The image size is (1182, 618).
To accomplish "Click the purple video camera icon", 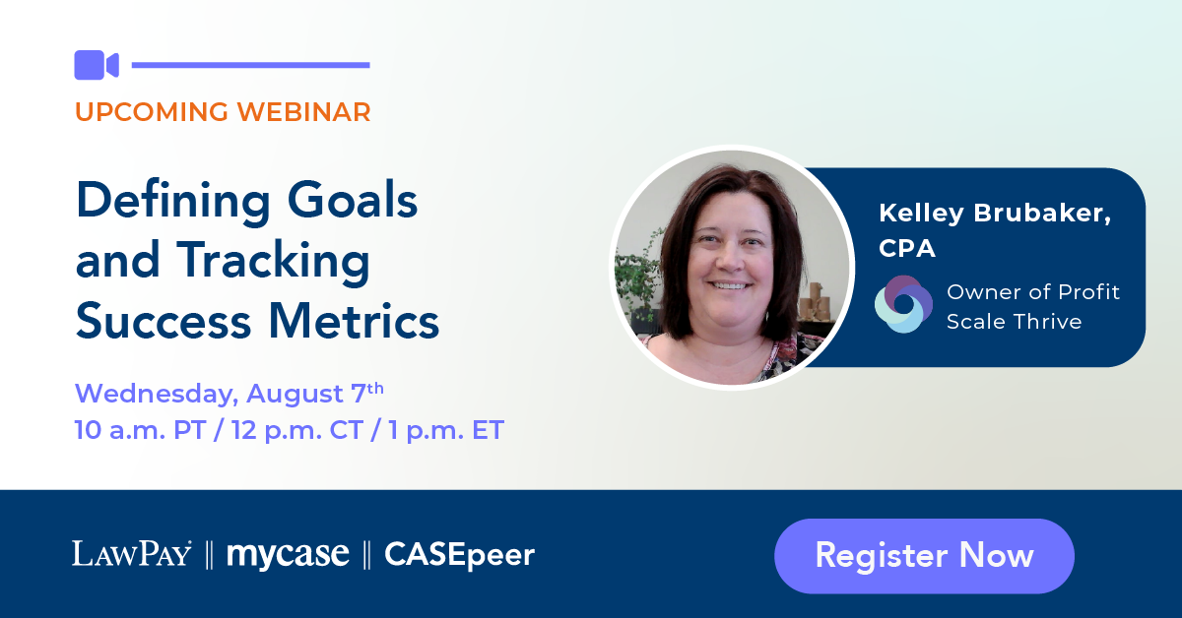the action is click(x=97, y=65).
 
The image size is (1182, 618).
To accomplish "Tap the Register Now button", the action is click(x=924, y=556).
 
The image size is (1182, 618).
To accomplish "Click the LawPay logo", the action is click(x=132, y=554).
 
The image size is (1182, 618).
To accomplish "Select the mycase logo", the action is click(x=288, y=555).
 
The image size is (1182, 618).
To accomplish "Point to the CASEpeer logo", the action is click(x=460, y=555).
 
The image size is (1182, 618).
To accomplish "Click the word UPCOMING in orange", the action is click(x=152, y=112).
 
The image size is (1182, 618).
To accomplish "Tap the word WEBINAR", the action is click(x=304, y=112).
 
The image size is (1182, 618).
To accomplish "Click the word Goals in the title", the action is click(x=353, y=201).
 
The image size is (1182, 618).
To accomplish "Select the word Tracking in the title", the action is click(x=273, y=262).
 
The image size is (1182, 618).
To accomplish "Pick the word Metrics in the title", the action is click(x=354, y=321).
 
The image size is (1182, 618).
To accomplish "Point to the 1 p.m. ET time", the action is click(x=446, y=430).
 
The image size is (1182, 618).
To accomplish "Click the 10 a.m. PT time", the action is click(x=140, y=430).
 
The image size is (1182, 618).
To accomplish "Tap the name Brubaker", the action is click(x=1043, y=213).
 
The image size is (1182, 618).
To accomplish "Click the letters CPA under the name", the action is click(x=907, y=248).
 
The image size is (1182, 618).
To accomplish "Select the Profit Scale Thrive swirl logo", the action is click(x=903, y=304).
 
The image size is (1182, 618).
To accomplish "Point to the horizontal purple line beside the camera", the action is click(x=250, y=65).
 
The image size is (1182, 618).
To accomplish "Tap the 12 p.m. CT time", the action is click(x=297, y=430).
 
